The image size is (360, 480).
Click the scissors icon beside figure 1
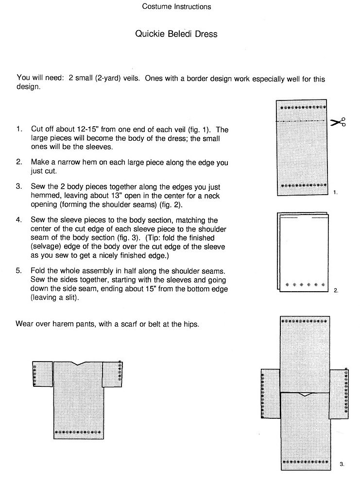point(338,122)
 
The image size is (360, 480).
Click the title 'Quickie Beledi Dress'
point(176,34)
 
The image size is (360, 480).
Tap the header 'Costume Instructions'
point(176,6)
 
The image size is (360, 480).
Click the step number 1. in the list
point(19,130)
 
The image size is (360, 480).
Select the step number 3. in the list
point(19,188)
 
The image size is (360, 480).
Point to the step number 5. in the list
point(19,270)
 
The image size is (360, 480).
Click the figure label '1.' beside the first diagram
point(336,193)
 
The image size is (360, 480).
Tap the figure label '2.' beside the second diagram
point(336,290)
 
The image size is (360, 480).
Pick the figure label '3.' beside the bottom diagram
point(342,464)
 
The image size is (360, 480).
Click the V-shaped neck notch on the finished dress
point(78,364)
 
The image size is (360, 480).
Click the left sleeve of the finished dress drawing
point(42,374)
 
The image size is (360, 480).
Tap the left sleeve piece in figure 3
point(271,394)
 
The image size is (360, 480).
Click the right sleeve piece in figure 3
point(339,394)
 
